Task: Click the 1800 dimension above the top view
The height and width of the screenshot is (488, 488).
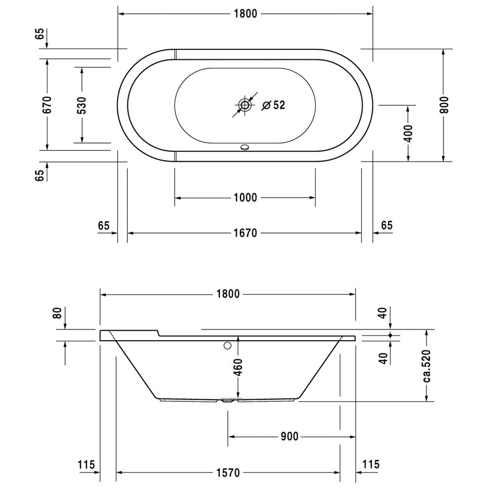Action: coord(245,14)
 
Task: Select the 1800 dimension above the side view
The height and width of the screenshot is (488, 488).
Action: coord(228,294)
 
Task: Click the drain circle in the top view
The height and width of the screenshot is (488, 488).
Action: coord(245,105)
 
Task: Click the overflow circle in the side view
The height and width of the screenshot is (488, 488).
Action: coord(228,345)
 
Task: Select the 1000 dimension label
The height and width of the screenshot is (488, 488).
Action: coord(245,198)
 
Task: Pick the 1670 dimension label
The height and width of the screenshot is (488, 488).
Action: coord(245,233)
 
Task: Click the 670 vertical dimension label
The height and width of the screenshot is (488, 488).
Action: coord(47,105)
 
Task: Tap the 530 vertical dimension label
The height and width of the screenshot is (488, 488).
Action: coord(82,105)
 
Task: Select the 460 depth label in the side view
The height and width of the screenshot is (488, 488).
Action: coord(238,367)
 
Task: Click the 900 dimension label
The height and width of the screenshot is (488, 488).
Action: coord(289,437)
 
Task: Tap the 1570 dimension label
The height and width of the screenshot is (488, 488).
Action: coord(228,473)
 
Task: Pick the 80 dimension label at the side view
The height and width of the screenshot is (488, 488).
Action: coord(57,313)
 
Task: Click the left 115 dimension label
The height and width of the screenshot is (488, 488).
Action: coord(86,465)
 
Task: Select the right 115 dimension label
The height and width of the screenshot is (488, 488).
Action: coord(371,465)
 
